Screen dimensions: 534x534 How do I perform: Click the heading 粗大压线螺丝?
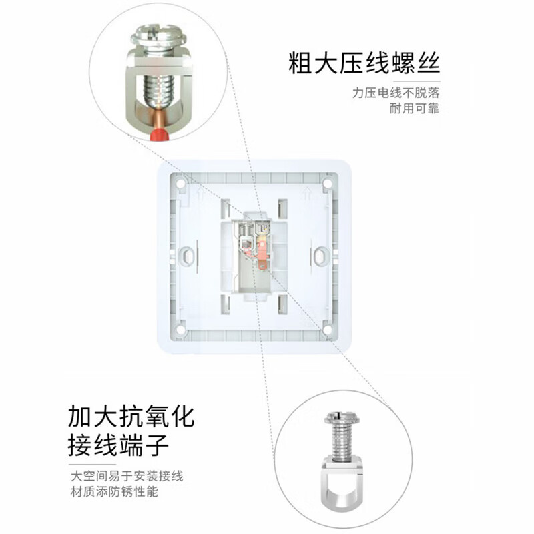pos(364,65)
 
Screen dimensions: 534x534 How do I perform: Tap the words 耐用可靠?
pos(414,109)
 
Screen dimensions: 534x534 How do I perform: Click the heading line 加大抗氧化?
pos(131,416)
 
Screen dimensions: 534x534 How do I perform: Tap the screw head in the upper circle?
pos(158,35)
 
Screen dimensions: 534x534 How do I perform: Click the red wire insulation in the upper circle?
pos(159,136)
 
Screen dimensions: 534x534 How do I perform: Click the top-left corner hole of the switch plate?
pos(181,181)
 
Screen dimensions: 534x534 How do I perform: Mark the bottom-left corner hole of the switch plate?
pos(181,329)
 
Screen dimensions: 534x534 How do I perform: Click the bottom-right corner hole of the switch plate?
pos(328,329)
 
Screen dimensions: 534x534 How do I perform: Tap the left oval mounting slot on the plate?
pos(188,255)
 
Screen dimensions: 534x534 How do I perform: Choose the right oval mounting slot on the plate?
pos(322,255)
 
